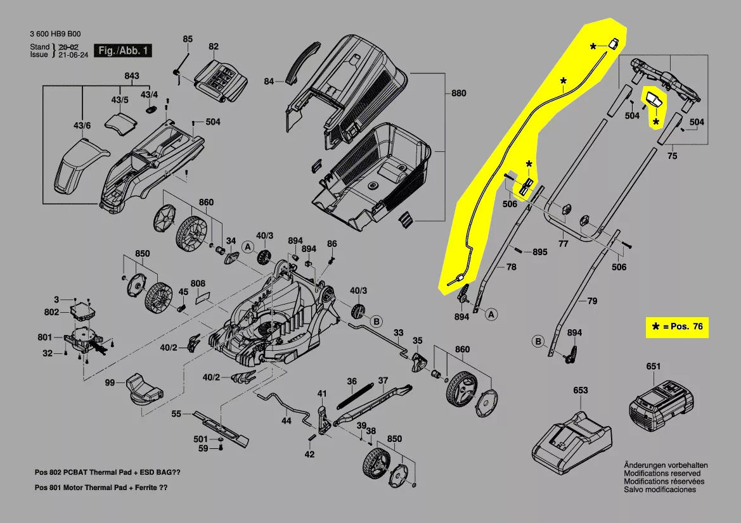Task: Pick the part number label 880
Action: (x=458, y=94)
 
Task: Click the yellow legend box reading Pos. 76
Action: (x=676, y=327)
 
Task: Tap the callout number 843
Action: (x=131, y=77)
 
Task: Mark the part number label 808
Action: (x=198, y=283)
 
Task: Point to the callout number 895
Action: (x=539, y=252)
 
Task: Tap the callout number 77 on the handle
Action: (x=562, y=243)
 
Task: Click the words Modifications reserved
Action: (x=662, y=474)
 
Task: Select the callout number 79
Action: (x=591, y=301)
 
